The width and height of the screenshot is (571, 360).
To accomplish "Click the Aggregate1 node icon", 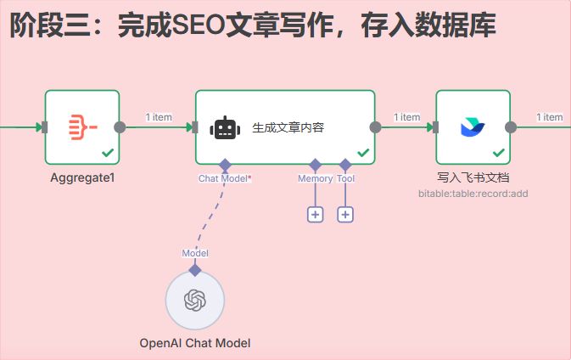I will point(81,127).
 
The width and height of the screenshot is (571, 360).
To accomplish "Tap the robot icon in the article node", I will point(225,128).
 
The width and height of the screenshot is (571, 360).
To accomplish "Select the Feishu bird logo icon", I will point(473,127).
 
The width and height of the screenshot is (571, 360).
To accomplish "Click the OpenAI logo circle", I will point(195,301).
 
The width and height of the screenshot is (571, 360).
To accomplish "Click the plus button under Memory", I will point(315,214).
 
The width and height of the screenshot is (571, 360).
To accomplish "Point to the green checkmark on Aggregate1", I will point(108,153).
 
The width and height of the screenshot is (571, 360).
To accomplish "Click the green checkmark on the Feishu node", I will point(499,153).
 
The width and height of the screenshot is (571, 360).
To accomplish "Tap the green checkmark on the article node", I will point(363,153).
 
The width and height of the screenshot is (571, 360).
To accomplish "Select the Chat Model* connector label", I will point(225,178).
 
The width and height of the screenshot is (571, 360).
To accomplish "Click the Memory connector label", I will point(315,178).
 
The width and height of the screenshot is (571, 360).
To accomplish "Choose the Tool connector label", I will point(345,178).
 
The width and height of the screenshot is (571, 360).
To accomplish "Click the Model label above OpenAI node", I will point(195,253).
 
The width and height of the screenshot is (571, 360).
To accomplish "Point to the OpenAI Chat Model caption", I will point(195,343).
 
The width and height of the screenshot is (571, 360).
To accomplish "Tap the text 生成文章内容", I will point(288,128).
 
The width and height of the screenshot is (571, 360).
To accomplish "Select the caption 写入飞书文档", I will point(473,177).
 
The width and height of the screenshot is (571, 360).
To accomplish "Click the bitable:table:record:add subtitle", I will point(473,194).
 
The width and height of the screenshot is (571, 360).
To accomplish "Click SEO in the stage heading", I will point(200,25).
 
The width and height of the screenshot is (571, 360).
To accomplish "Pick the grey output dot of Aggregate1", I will point(120,127).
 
